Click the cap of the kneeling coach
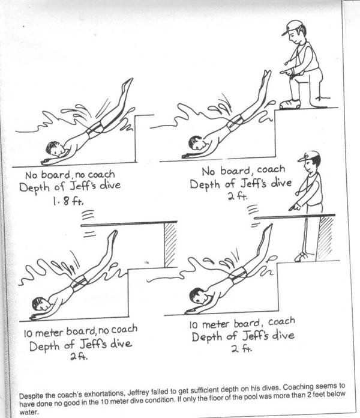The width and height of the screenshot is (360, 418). (x=292, y=27)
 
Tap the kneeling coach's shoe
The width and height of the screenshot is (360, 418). (x=290, y=104)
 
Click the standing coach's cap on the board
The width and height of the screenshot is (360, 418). (x=309, y=156)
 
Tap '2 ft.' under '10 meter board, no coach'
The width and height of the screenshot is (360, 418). (x=79, y=356)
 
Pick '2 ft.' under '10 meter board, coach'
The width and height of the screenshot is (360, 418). (x=242, y=348)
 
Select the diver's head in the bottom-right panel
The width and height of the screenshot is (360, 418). (x=199, y=295)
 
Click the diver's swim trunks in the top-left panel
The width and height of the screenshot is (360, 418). (x=95, y=129)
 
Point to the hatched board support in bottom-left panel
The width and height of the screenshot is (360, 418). (x=170, y=245)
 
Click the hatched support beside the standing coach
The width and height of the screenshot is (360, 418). (x=325, y=238)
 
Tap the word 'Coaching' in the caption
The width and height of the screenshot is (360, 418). (x=310, y=387)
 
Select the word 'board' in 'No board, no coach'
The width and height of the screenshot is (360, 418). (x=55, y=175)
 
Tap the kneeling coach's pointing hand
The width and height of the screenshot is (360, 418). (x=286, y=71)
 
